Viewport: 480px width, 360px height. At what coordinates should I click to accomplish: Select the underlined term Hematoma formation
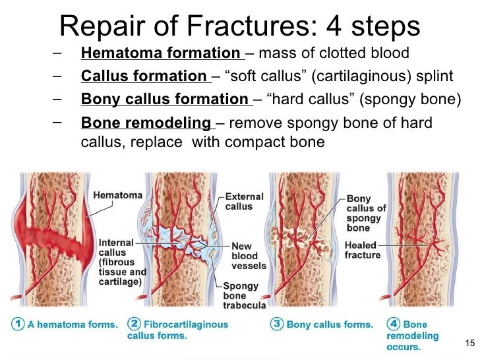pos(161,53)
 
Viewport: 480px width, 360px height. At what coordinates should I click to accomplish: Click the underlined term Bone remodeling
pos(146,123)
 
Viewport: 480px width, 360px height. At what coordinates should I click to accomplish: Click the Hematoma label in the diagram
pos(117,196)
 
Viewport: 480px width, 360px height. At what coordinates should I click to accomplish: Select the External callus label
pos(244,201)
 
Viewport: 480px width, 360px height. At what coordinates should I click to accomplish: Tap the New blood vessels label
pos(249,256)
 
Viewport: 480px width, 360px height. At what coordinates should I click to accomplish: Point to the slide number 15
pos(469,342)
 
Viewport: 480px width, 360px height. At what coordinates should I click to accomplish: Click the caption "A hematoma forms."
pos(73,325)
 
